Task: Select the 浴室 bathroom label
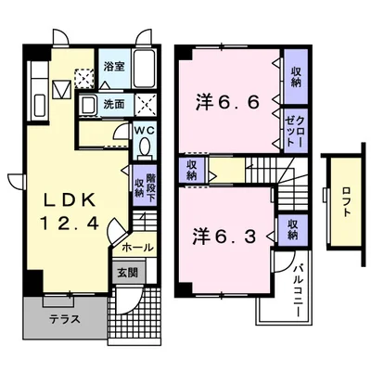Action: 114,68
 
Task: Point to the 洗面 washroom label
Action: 114,104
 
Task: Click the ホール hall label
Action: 137,248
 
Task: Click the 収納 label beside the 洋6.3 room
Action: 292,228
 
